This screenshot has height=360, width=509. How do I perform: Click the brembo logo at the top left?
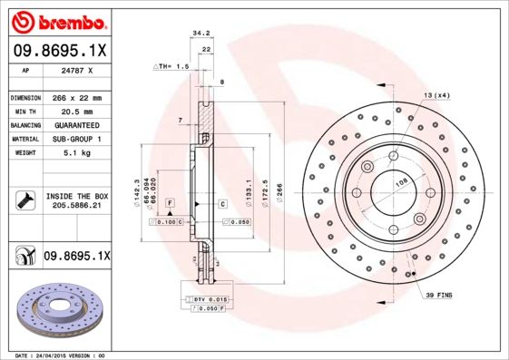56,21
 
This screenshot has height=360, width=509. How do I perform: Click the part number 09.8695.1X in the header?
58,52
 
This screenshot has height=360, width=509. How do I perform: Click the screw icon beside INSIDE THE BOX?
25,200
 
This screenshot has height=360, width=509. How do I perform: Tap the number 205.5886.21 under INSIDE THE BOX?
76,207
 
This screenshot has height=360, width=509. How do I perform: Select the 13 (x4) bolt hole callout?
436,95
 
